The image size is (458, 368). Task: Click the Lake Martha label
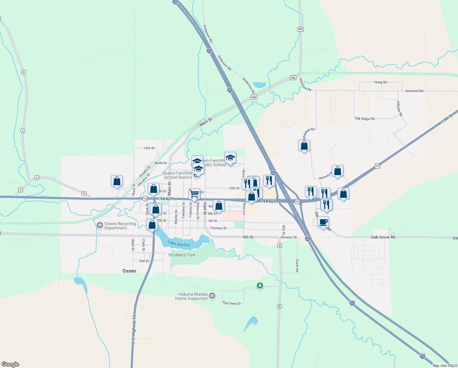tap(178, 244)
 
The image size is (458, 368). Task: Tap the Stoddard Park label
tap(182, 255)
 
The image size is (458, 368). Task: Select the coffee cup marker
tap(323, 222)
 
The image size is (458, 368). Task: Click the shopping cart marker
tap(194, 194)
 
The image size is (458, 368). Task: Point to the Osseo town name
tap(129, 271)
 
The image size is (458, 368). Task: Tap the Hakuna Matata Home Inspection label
tap(192, 296)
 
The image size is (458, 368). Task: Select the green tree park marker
tap(260, 286)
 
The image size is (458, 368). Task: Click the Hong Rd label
tap(381, 82)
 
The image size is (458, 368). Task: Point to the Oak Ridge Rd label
tap(365, 119)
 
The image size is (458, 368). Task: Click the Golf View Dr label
tap(232, 303)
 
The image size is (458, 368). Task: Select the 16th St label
tap(149, 148)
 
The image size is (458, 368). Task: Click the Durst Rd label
tap(297, 266)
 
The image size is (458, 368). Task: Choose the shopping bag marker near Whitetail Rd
tap(304, 145)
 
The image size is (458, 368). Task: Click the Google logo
tap(10, 364)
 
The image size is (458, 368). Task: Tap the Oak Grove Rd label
tap(383, 237)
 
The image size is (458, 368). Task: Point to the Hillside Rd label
tap(400, 109)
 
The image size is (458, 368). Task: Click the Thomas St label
tap(218, 228)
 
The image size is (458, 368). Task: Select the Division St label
tap(289, 237)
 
